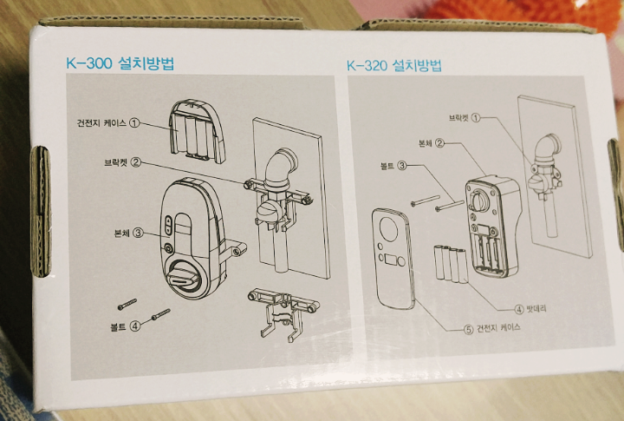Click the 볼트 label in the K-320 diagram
[387, 165]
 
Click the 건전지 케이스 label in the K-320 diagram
[504, 329]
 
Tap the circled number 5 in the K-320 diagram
[468, 329]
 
